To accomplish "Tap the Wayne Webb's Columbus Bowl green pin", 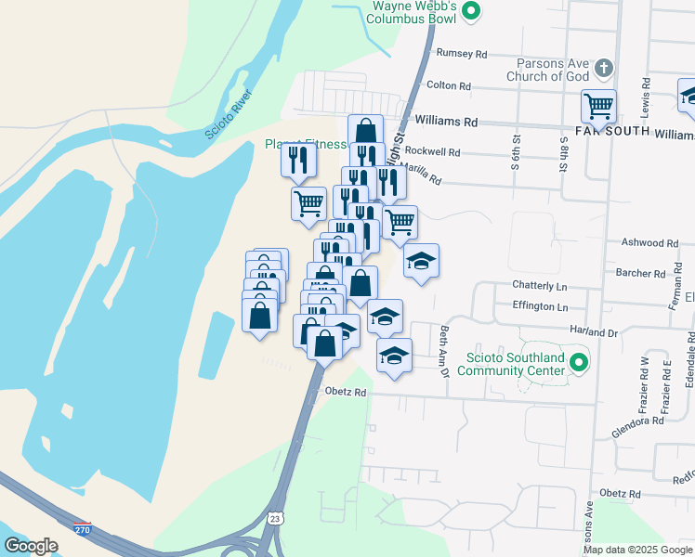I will (471, 12).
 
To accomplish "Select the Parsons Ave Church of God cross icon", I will (604, 68).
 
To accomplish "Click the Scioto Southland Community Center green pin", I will (579, 362).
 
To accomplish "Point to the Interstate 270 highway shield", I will (84, 528).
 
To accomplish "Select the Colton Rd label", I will (449, 85).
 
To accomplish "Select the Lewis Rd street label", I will (644, 95).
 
